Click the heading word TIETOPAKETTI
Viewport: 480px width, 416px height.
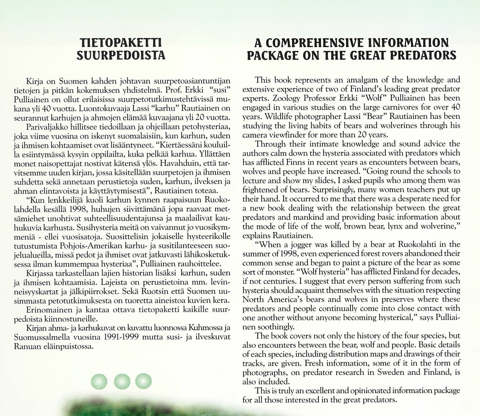(121, 42)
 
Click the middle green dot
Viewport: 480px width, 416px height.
(122, 381)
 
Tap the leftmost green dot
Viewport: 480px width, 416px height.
(99, 381)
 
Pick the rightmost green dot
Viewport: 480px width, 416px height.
(143, 381)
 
